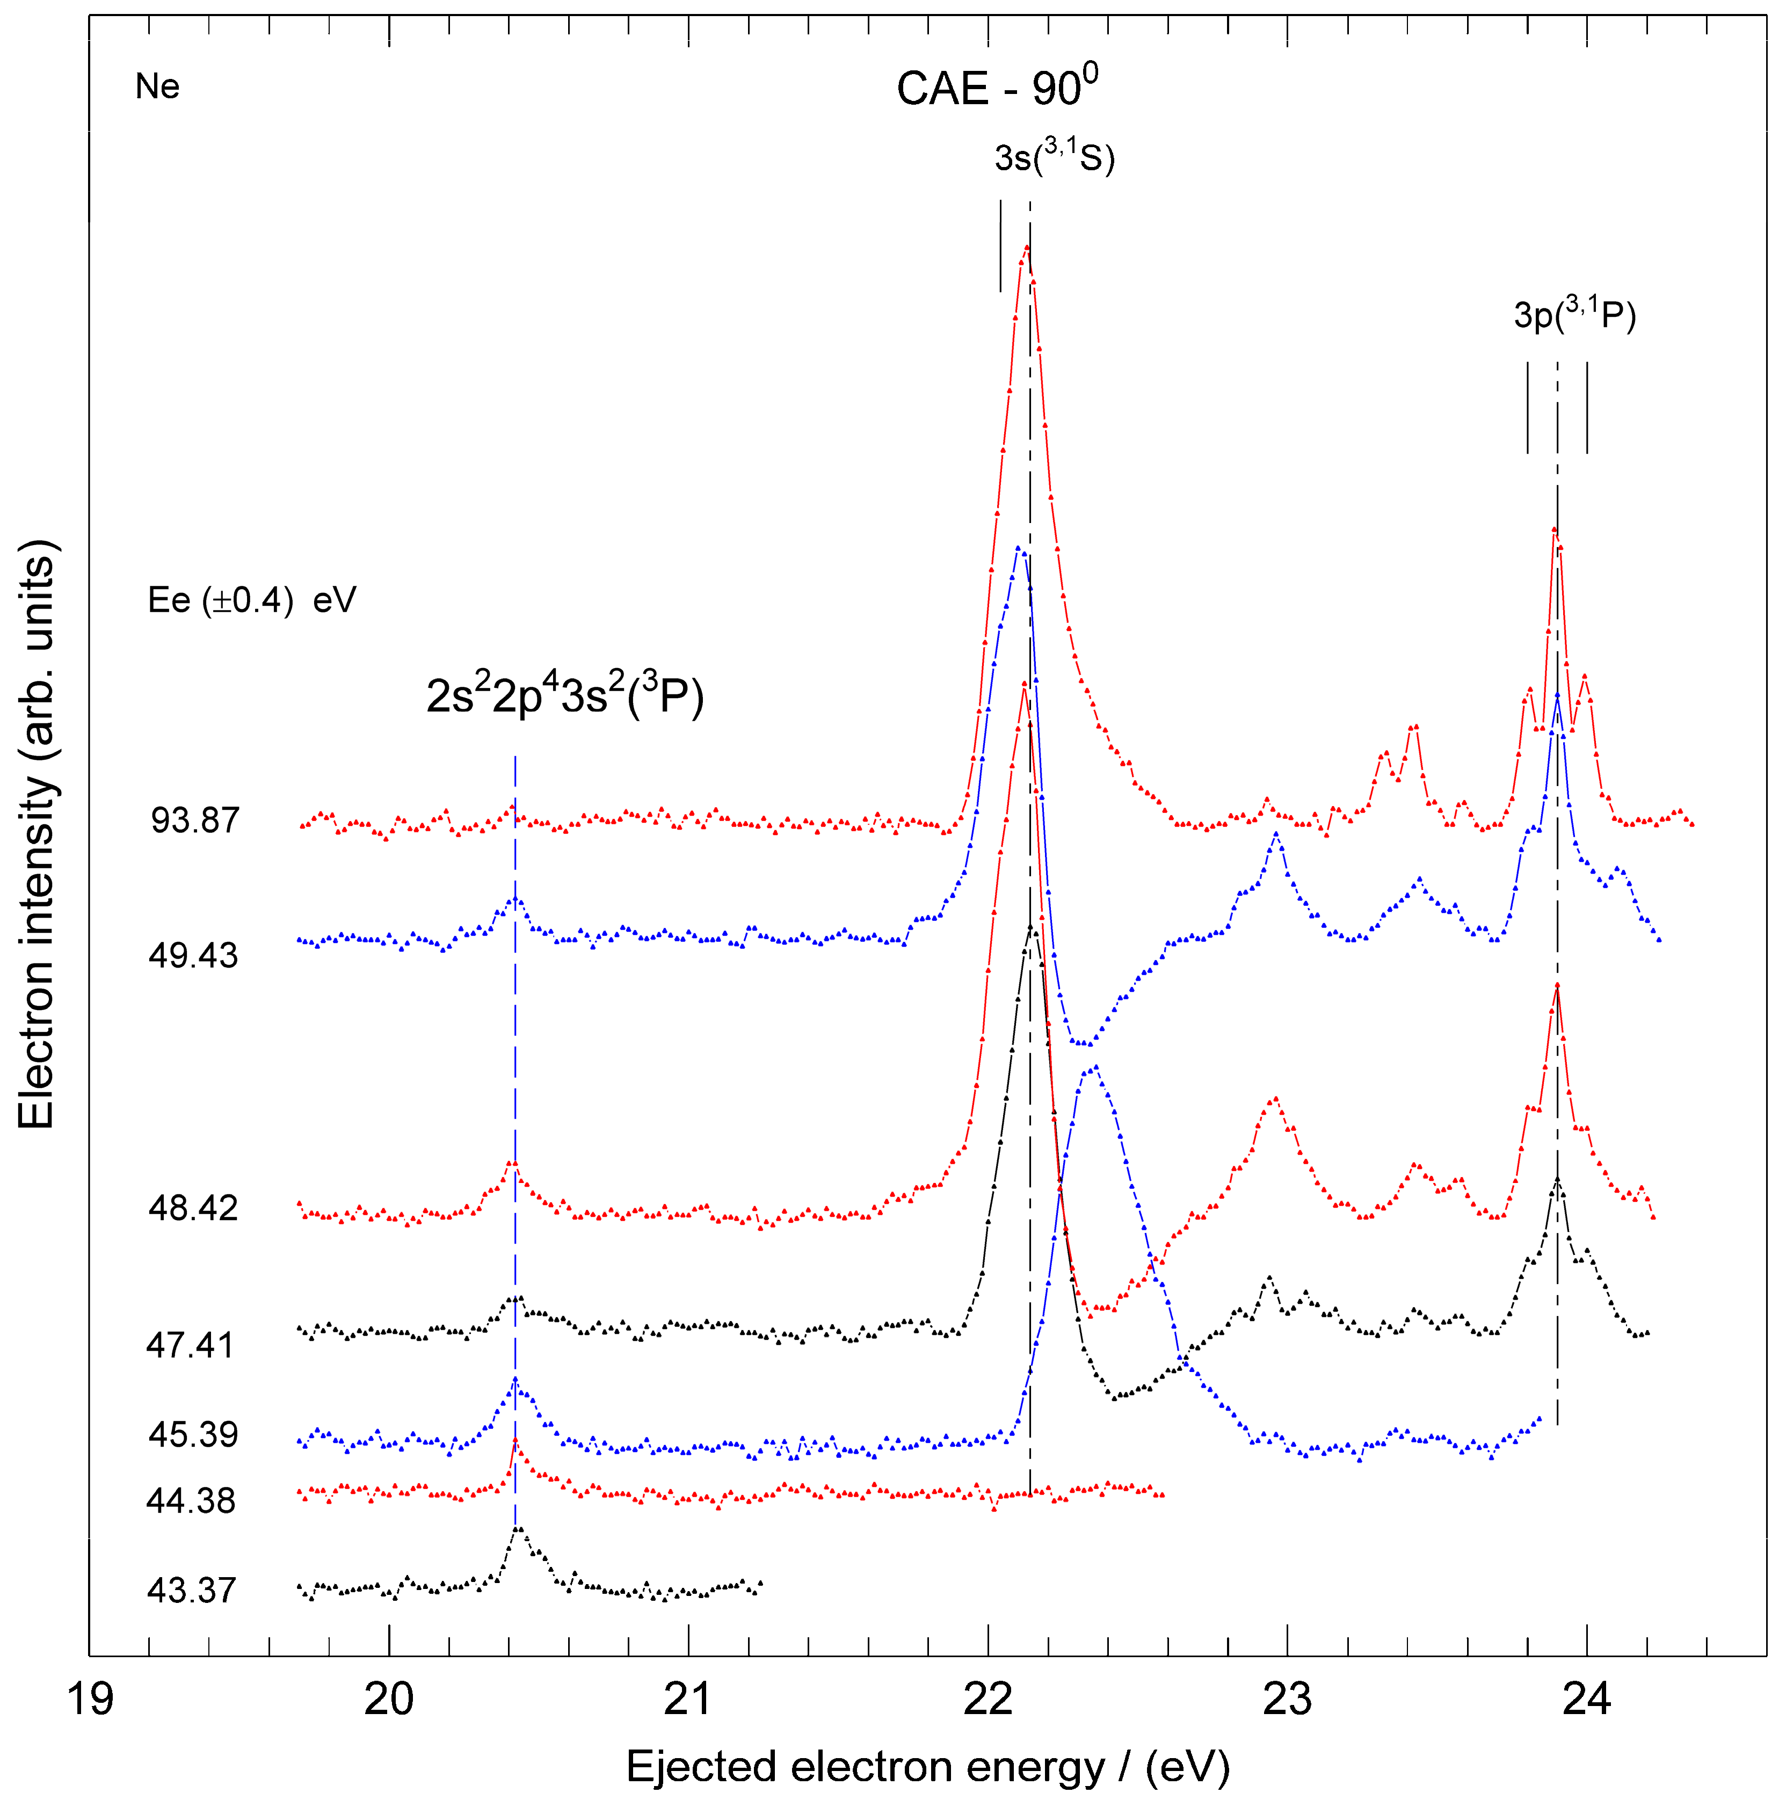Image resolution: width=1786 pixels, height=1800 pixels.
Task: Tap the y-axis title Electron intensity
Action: pyautogui.click(x=37, y=834)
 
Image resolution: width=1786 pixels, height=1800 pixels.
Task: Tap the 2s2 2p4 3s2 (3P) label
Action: pyautogui.click(x=564, y=695)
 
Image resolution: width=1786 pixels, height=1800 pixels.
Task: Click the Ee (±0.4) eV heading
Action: pyautogui.click(x=251, y=600)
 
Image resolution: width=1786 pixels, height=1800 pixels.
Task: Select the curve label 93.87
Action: pyautogui.click(x=195, y=820)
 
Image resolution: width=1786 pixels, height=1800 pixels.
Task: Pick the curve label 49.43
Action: pyautogui.click(x=193, y=955)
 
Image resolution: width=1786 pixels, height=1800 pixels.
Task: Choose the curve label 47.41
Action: pyautogui.click(x=190, y=1345)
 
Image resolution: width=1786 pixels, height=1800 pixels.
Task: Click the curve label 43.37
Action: pyautogui.click(x=192, y=1589)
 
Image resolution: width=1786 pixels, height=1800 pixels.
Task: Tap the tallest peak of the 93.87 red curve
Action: pyautogui.click(x=1027, y=247)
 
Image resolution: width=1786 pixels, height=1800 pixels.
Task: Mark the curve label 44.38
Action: pyautogui.click(x=191, y=1501)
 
